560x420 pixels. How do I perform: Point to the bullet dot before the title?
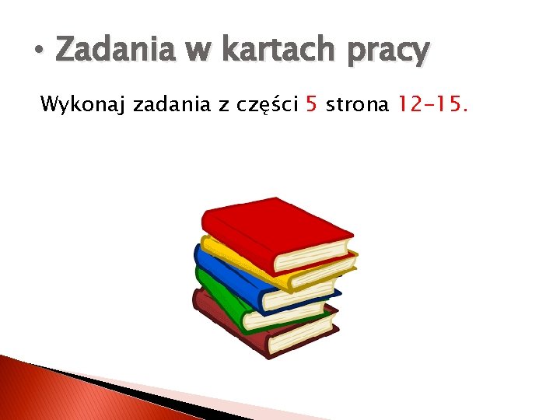(39, 52)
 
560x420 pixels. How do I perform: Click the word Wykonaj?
(83, 104)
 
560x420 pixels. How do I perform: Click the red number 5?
(311, 104)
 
